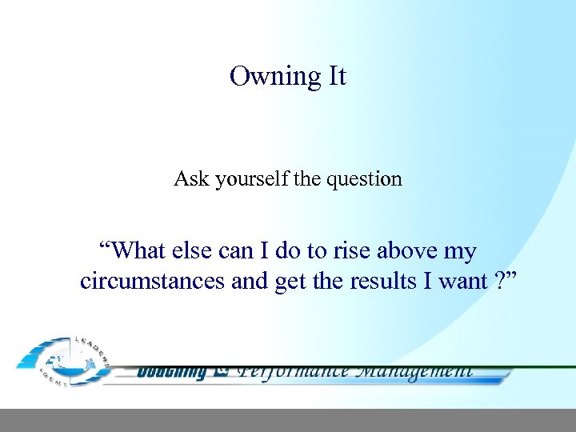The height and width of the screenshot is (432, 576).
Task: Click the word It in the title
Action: click(x=336, y=76)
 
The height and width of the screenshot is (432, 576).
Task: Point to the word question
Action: click(x=363, y=179)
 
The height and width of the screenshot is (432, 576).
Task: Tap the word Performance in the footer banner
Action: click(x=294, y=371)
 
